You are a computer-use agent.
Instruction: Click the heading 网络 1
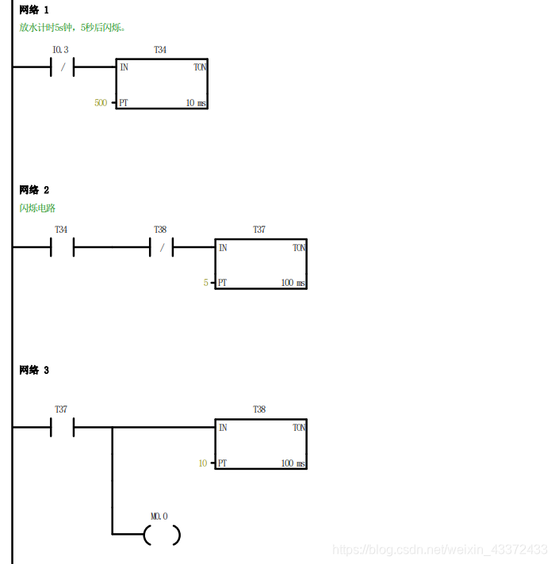point(34,10)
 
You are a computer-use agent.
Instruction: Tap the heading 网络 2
point(34,190)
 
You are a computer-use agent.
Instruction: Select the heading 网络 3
point(34,370)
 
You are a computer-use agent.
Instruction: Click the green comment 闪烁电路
point(38,208)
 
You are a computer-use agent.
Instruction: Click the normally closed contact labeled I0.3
point(62,67)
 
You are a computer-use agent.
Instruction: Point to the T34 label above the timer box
point(160,50)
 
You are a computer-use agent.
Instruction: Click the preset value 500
point(101,103)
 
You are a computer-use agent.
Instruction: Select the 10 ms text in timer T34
point(196,103)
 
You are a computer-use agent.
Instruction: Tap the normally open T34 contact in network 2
point(62,247)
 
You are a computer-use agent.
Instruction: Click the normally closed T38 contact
point(161,247)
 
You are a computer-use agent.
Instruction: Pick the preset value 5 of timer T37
point(205,283)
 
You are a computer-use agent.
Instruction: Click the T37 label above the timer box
point(259,230)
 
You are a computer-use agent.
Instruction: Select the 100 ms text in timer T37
point(293,283)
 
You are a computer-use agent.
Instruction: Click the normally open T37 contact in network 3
point(62,428)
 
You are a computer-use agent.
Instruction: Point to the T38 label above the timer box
point(259,410)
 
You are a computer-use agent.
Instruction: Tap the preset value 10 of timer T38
point(203,463)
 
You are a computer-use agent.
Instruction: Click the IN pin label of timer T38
point(223,428)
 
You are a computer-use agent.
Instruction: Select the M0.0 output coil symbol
point(162,535)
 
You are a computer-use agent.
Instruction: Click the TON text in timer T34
point(200,67)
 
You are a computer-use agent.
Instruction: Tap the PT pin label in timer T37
point(223,283)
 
